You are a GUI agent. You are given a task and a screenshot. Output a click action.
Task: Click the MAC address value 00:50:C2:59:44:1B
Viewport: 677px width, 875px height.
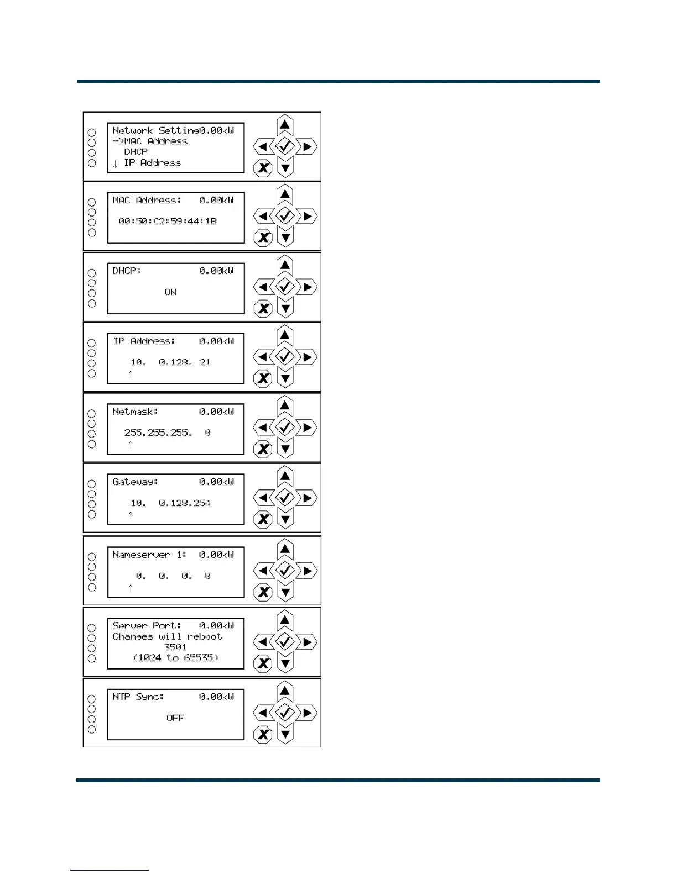(x=168, y=221)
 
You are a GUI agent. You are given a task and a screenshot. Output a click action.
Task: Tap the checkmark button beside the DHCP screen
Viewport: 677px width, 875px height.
(x=285, y=287)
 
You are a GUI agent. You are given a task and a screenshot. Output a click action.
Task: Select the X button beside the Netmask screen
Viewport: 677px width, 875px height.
(x=263, y=449)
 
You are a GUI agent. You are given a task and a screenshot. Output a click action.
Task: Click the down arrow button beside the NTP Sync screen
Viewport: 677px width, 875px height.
(x=285, y=734)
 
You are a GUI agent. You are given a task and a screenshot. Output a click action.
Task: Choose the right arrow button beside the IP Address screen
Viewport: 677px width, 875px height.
(x=306, y=357)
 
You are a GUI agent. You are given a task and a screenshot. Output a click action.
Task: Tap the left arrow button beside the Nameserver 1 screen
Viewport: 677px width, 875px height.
(x=263, y=571)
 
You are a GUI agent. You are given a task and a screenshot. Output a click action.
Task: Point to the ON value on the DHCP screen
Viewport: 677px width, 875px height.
(x=170, y=292)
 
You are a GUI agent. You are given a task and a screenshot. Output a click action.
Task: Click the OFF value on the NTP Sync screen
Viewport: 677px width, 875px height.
(x=175, y=718)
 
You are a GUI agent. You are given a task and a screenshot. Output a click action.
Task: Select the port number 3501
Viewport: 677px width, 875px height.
(x=175, y=647)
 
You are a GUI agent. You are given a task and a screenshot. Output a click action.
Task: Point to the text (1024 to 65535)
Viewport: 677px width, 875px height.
(x=175, y=657)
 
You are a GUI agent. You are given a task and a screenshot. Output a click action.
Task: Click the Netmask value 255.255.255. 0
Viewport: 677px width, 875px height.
(x=167, y=433)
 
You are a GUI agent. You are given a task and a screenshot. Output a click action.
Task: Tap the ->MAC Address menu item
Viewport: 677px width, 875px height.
(x=150, y=141)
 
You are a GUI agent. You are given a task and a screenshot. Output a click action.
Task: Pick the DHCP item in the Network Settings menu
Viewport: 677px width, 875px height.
(x=136, y=151)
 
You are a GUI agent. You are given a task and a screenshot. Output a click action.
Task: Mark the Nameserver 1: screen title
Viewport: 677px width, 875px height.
(x=149, y=554)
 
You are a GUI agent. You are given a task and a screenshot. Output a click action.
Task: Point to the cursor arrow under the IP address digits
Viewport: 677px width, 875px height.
(x=131, y=374)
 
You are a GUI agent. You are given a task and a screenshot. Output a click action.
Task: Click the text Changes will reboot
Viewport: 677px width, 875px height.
(x=167, y=636)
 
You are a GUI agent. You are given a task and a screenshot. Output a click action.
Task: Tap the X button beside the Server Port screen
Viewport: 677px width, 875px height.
(x=263, y=663)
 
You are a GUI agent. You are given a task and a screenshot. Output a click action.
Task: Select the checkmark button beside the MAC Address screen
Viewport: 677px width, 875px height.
(x=285, y=216)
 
